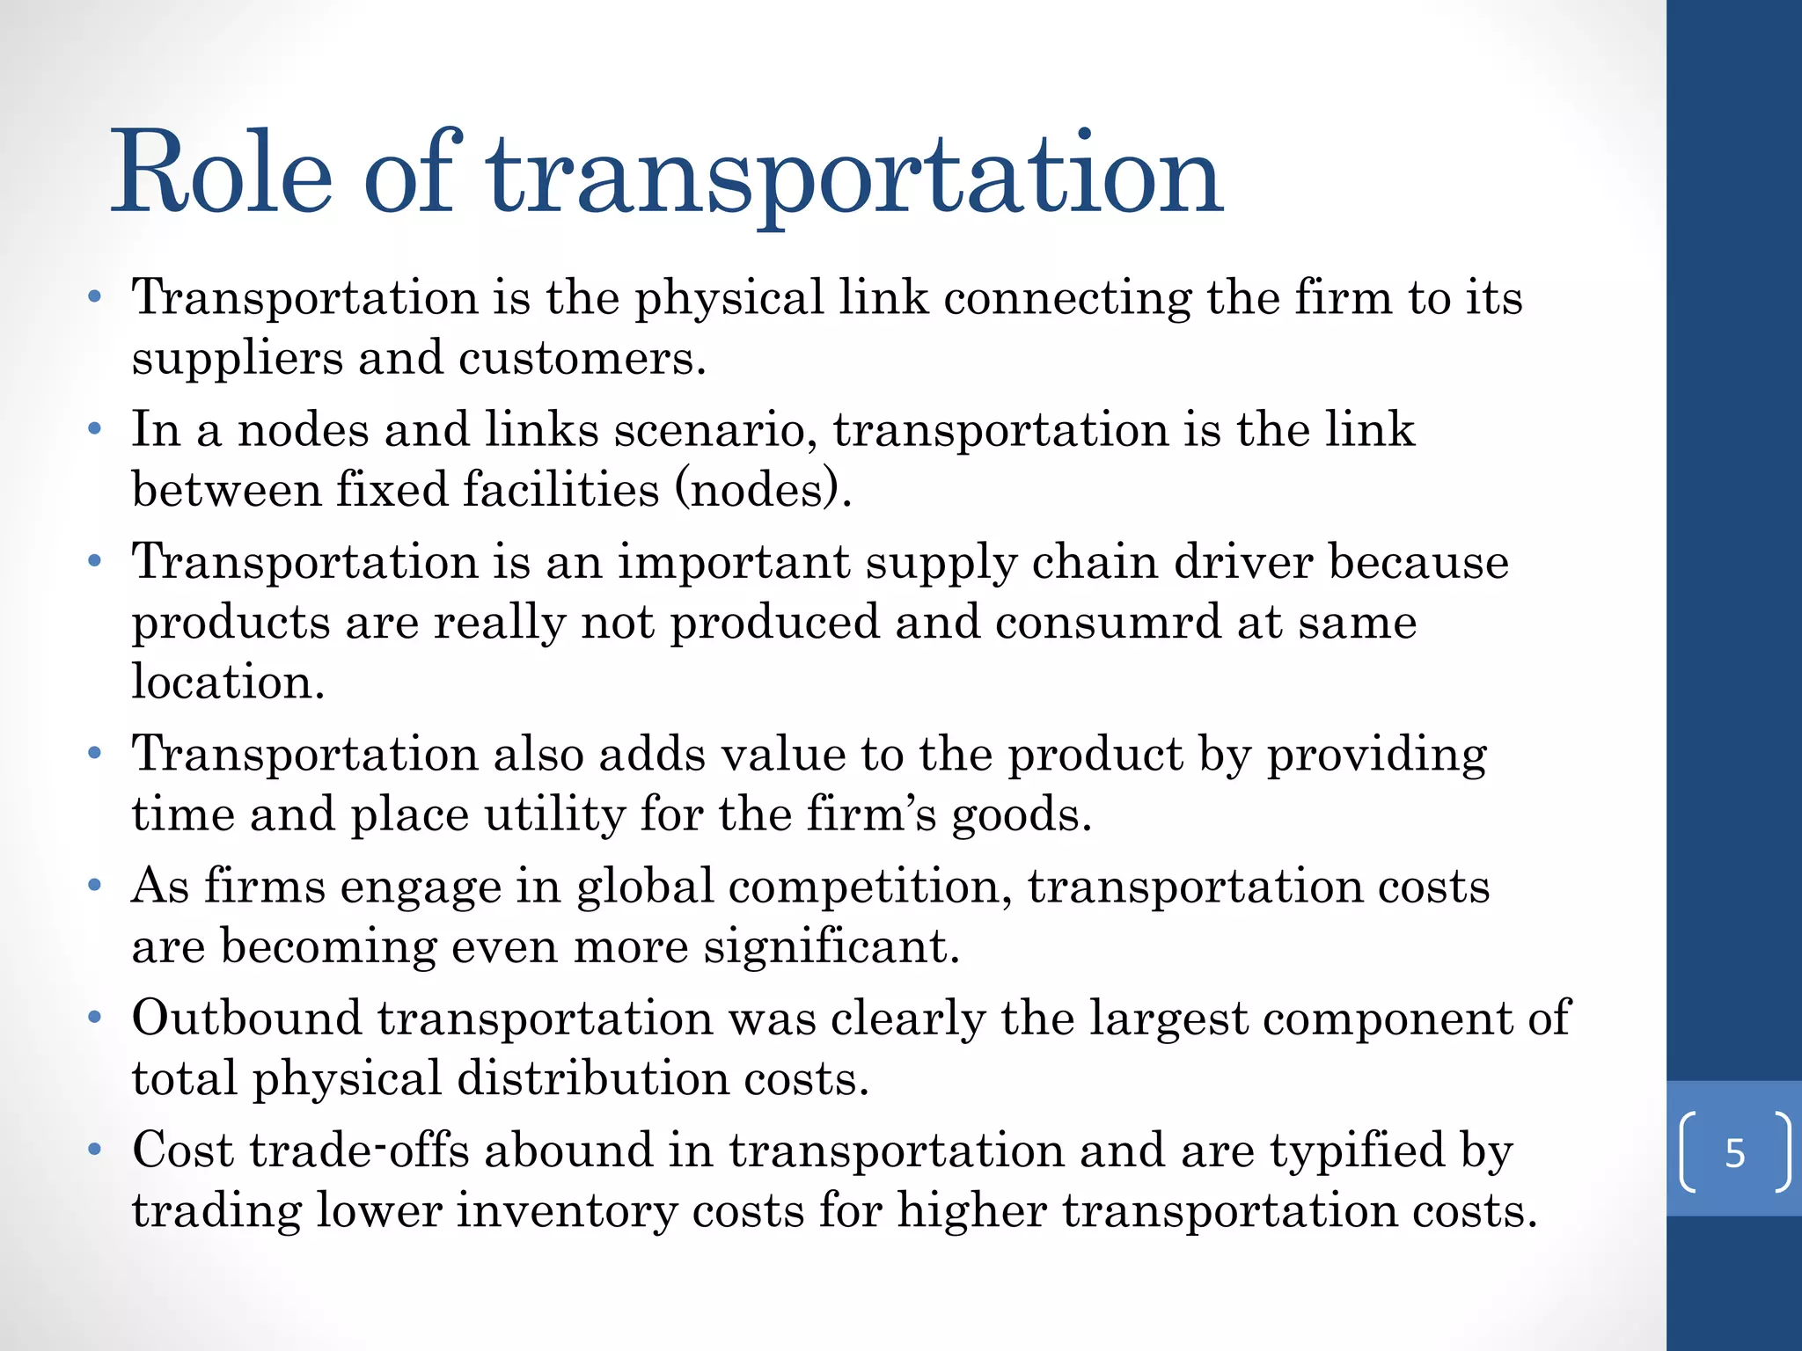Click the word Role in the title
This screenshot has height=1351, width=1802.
pos(222,172)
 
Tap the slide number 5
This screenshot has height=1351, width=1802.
pos(1734,1153)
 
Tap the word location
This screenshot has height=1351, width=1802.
pos(228,682)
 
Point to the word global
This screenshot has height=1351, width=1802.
pos(644,887)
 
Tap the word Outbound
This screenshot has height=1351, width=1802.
pos(247,1018)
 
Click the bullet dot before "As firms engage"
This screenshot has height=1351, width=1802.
pos(95,885)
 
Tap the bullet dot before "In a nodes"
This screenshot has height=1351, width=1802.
pos(95,429)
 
